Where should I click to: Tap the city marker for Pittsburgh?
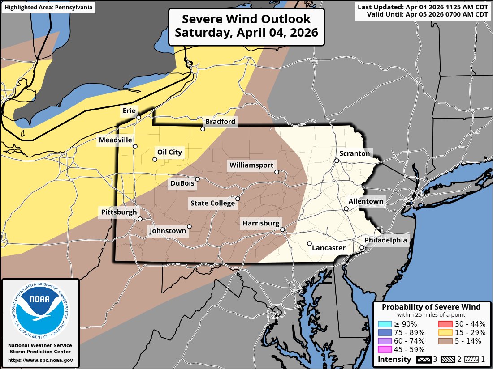[140, 219]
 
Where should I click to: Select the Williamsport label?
[251, 165]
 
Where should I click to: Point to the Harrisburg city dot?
[283, 230]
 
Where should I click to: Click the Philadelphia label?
[386, 240]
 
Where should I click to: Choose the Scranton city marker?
[337, 161]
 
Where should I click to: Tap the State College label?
[212, 203]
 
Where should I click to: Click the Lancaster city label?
[329, 248]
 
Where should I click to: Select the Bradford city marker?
[203, 129]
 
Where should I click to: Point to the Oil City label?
[169, 152]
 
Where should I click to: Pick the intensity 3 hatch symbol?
[423, 359]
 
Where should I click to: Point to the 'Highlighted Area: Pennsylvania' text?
[48, 7]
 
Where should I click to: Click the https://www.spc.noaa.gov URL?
[40, 360]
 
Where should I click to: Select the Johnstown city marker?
[190, 227]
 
